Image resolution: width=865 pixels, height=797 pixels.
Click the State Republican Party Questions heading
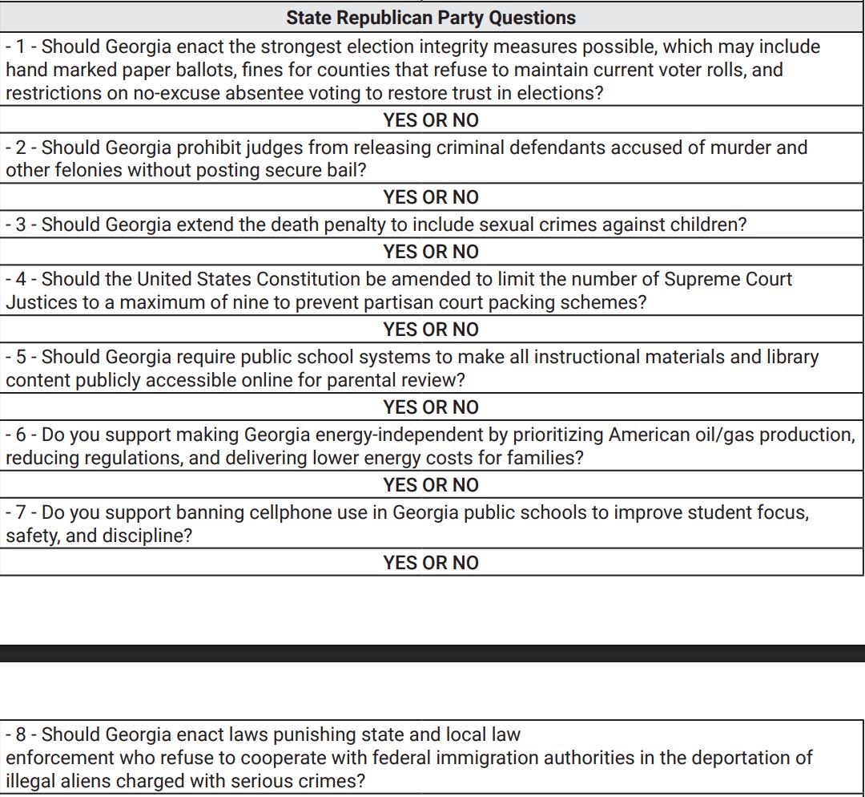click(x=431, y=18)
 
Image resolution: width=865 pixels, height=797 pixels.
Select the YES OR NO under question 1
click(x=431, y=120)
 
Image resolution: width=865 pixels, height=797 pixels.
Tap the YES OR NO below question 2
click(x=431, y=197)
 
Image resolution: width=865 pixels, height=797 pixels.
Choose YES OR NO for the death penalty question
click(x=431, y=252)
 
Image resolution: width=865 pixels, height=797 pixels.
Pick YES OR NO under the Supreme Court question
click(x=431, y=330)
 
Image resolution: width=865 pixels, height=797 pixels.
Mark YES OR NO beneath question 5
click(x=431, y=407)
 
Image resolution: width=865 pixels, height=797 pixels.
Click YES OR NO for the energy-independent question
click(x=431, y=485)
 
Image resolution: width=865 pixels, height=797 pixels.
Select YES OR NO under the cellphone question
click(x=431, y=563)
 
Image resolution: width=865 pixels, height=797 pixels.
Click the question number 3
click(x=21, y=225)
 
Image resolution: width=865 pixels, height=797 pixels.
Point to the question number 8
click(x=21, y=734)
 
